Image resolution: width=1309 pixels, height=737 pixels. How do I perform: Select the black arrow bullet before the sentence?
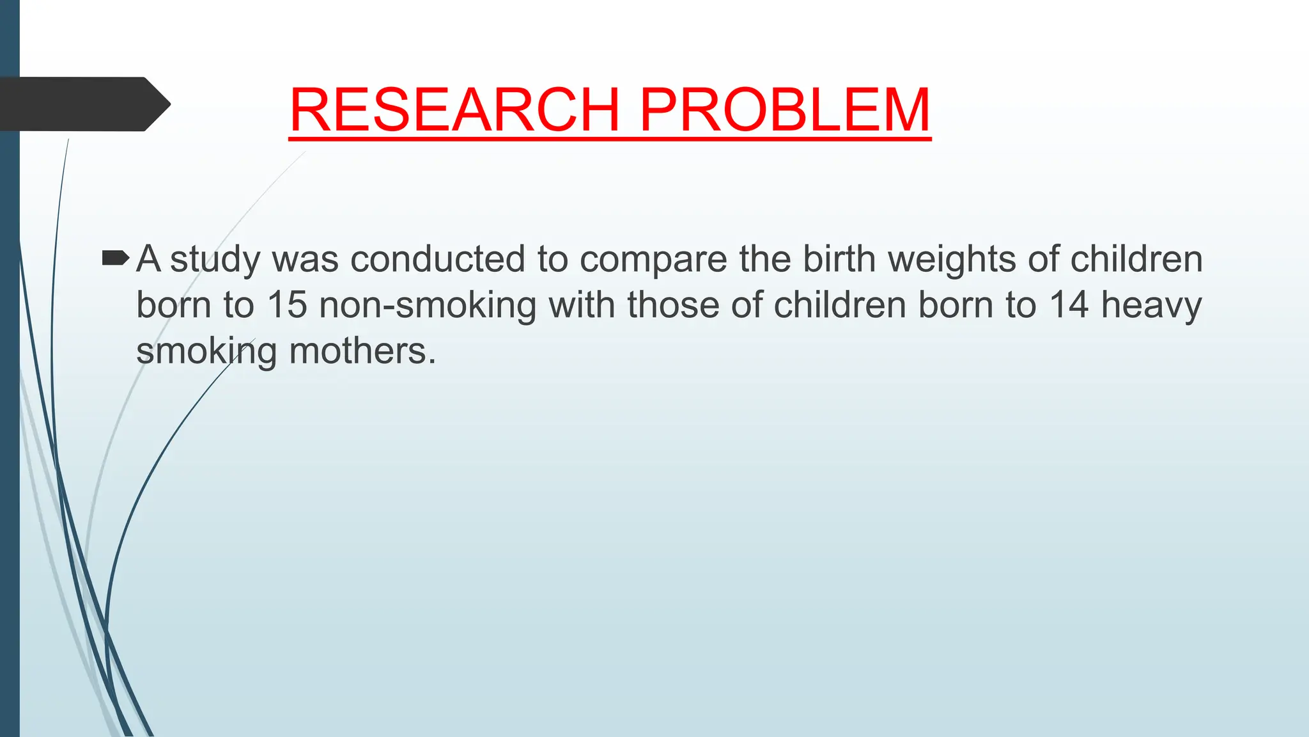click(x=115, y=258)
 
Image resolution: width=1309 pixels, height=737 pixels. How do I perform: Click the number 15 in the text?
click(x=287, y=305)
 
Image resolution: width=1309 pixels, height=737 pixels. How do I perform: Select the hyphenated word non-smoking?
click(x=428, y=306)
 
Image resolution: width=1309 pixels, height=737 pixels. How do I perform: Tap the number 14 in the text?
click(x=1069, y=305)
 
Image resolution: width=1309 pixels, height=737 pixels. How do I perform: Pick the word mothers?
click(x=362, y=351)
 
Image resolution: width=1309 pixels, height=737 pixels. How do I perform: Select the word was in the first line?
click(x=305, y=260)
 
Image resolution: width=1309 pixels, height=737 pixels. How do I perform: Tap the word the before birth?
click(x=764, y=259)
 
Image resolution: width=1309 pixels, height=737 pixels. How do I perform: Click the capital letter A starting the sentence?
click(x=148, y=259)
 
